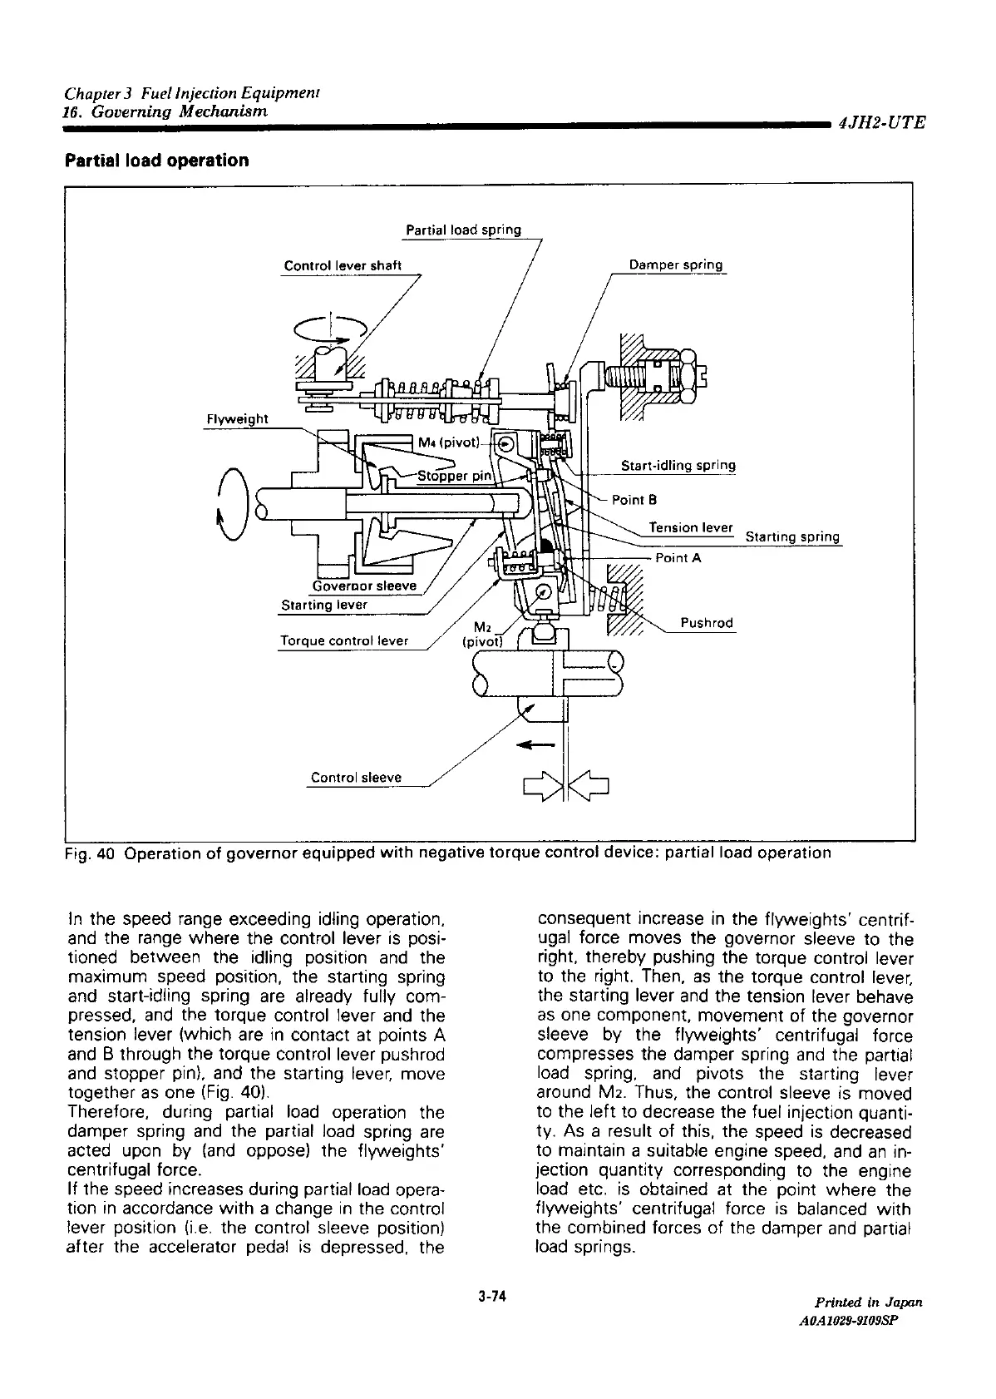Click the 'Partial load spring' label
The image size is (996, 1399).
click(463, 230)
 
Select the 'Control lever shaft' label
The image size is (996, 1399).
click(343, 265)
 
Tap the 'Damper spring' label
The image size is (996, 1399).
click(676, 265)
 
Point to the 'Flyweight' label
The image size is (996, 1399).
click(237, 419)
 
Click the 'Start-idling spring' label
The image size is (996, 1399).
click(678, 465)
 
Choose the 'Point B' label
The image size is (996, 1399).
click(634, 500)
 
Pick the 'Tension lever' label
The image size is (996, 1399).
click(690, 527)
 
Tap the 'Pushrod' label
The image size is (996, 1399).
click(707, 623)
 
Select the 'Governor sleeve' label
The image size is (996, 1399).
click(364, 586)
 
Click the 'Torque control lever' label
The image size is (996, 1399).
click(344, 640)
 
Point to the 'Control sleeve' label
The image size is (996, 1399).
click(356, 777)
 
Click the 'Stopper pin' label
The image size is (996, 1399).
click(455, 477)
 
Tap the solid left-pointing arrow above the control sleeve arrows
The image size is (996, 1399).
click(535, 744)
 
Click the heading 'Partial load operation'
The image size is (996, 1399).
click(157, 161)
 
